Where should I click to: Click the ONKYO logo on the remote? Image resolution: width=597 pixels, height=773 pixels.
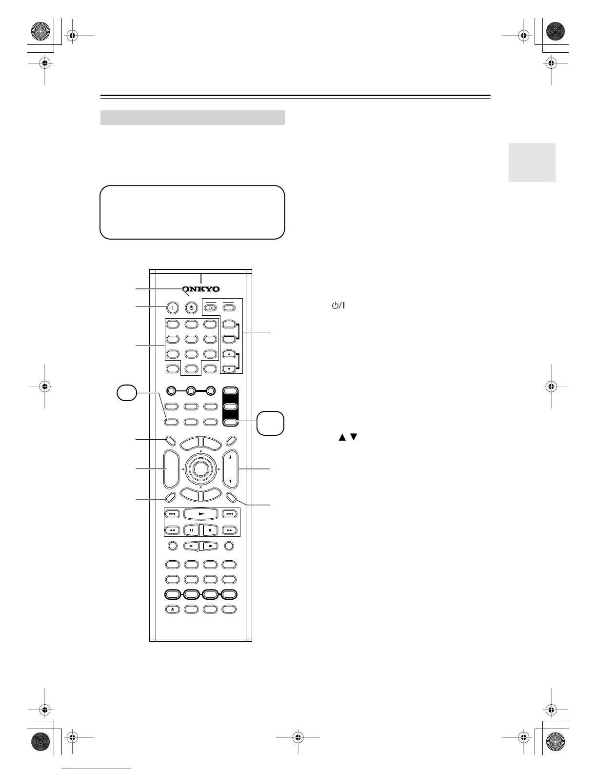[x=201, y=289]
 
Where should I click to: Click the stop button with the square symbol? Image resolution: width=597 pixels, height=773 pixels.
[x=210, y=530]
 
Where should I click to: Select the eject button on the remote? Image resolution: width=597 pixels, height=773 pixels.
[x=173, y=609]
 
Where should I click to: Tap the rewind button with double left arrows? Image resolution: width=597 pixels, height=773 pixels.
[x=173, y=530]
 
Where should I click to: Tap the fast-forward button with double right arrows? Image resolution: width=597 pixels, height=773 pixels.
[x=229, y=530]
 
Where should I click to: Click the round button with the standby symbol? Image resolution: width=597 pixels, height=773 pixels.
[x=192, y=308]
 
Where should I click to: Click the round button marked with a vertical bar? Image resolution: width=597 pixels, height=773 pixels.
[x=172, y=308]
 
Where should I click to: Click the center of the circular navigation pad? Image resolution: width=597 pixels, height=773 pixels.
[x=201, y=468]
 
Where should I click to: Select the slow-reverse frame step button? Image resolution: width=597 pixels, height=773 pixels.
[x=192, y=546]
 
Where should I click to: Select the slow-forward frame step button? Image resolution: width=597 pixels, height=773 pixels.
[x=210, y=546]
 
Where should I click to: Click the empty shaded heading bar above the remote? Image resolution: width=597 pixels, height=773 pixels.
[x=192, y=118]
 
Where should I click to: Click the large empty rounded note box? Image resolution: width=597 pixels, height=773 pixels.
[x=192, y=212]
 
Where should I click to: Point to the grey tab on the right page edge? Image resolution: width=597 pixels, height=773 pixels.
[x=532, y=163]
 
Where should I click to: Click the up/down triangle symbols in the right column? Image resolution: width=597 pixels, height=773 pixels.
[x=346, y=437]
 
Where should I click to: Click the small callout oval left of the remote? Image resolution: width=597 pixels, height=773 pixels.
[x=127, y=393]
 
